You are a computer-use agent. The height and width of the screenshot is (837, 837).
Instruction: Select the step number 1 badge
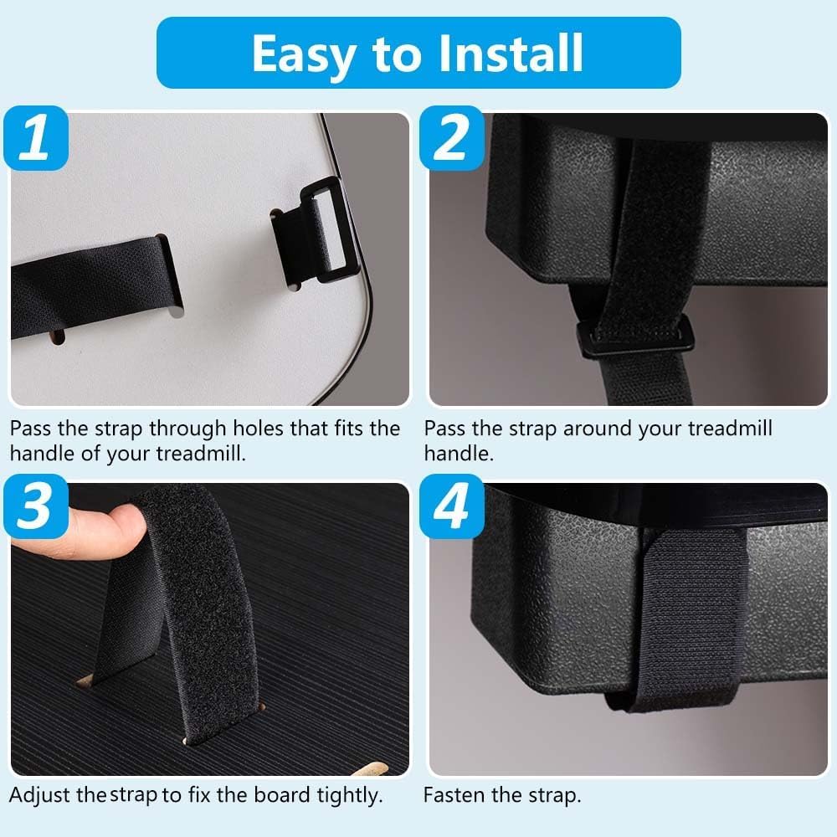[36, 138]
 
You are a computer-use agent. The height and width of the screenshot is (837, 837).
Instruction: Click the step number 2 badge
[452, 138]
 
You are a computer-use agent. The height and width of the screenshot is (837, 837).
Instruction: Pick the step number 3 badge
[36, 506]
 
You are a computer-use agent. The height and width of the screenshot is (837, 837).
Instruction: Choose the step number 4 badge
[452, 506]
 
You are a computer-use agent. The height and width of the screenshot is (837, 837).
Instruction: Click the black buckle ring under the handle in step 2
[636, 337]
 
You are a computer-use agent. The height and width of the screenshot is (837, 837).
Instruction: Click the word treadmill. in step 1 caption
[201, 453]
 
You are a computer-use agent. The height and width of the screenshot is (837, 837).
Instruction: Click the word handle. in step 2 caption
[459, 453]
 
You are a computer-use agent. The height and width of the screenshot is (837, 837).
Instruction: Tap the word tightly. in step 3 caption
[350, 796]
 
